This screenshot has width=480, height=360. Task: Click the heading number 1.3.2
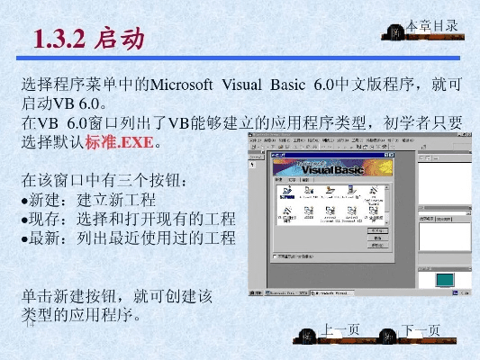pos(60,39)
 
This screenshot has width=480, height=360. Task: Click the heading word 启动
pos(120,39)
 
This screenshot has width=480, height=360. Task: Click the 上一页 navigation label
pos(341,330)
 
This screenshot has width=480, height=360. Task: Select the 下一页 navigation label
pos(421,330)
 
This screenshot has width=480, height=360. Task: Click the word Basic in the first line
pos(287,85)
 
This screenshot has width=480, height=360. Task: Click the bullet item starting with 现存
pos(126,219)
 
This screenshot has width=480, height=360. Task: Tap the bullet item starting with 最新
pos(126,238)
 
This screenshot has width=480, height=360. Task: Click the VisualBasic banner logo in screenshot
pos(332,168)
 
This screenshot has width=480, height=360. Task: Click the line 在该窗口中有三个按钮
pos(106,179)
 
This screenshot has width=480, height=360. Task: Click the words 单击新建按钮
pos(74,295)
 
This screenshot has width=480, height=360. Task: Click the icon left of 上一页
pos(309,332)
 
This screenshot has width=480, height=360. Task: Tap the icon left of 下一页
pos(389,332)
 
